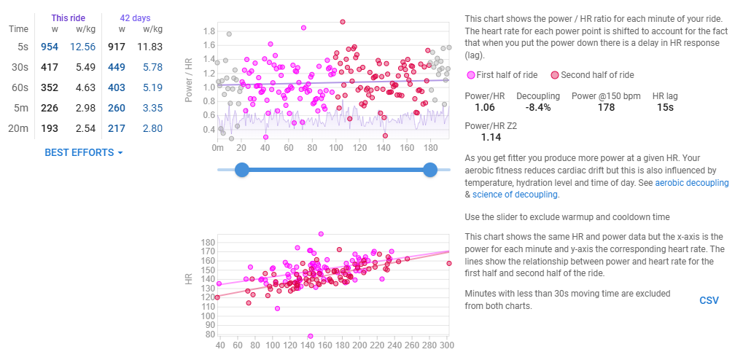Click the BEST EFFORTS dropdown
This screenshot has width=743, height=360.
[84, 152]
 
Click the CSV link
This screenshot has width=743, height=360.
[709, 300]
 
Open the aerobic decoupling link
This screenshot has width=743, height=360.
[691, 183]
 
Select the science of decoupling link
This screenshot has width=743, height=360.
[514, 195]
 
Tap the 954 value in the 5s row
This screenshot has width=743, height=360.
[50, 47]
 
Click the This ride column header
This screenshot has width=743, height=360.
[68, 17]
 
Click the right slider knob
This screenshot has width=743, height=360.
[430, 170]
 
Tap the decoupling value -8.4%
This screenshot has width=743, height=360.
[537, 107]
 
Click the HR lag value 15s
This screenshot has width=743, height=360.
[664, 107]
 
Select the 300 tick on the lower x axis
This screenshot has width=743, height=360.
[447, 345]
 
